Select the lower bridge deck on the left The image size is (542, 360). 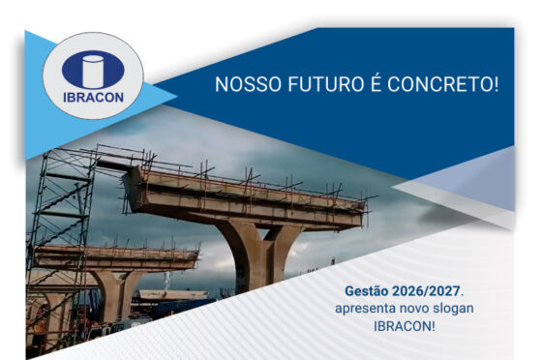tap(116, 258)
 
